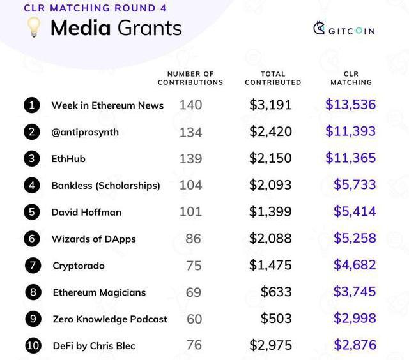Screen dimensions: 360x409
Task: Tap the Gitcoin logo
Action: point(344,29)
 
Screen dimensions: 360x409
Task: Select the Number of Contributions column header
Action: point(190,79)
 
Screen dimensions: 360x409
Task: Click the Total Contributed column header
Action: point(273,79)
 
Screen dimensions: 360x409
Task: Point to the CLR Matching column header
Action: point(351,79)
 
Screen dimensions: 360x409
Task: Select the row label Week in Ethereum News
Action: point(107,105)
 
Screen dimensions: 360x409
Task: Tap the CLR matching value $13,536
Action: point(350,105)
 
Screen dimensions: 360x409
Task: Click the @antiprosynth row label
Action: point(85,132)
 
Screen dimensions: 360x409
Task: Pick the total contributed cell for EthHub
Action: point(270,158)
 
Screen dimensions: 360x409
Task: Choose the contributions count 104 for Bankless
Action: point(190,185)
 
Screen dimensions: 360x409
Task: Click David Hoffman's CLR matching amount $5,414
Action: point(355,211)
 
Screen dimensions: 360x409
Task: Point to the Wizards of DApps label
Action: point(93,239)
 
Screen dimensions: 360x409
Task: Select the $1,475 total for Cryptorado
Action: point(270,265)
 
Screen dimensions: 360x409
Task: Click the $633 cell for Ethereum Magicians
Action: point(276,292)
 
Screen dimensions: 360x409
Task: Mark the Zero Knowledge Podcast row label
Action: point(110,319)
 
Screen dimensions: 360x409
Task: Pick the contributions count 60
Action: point(194,319)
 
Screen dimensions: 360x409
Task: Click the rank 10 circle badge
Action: point(33,346)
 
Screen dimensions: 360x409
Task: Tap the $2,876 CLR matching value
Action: point(355,345)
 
